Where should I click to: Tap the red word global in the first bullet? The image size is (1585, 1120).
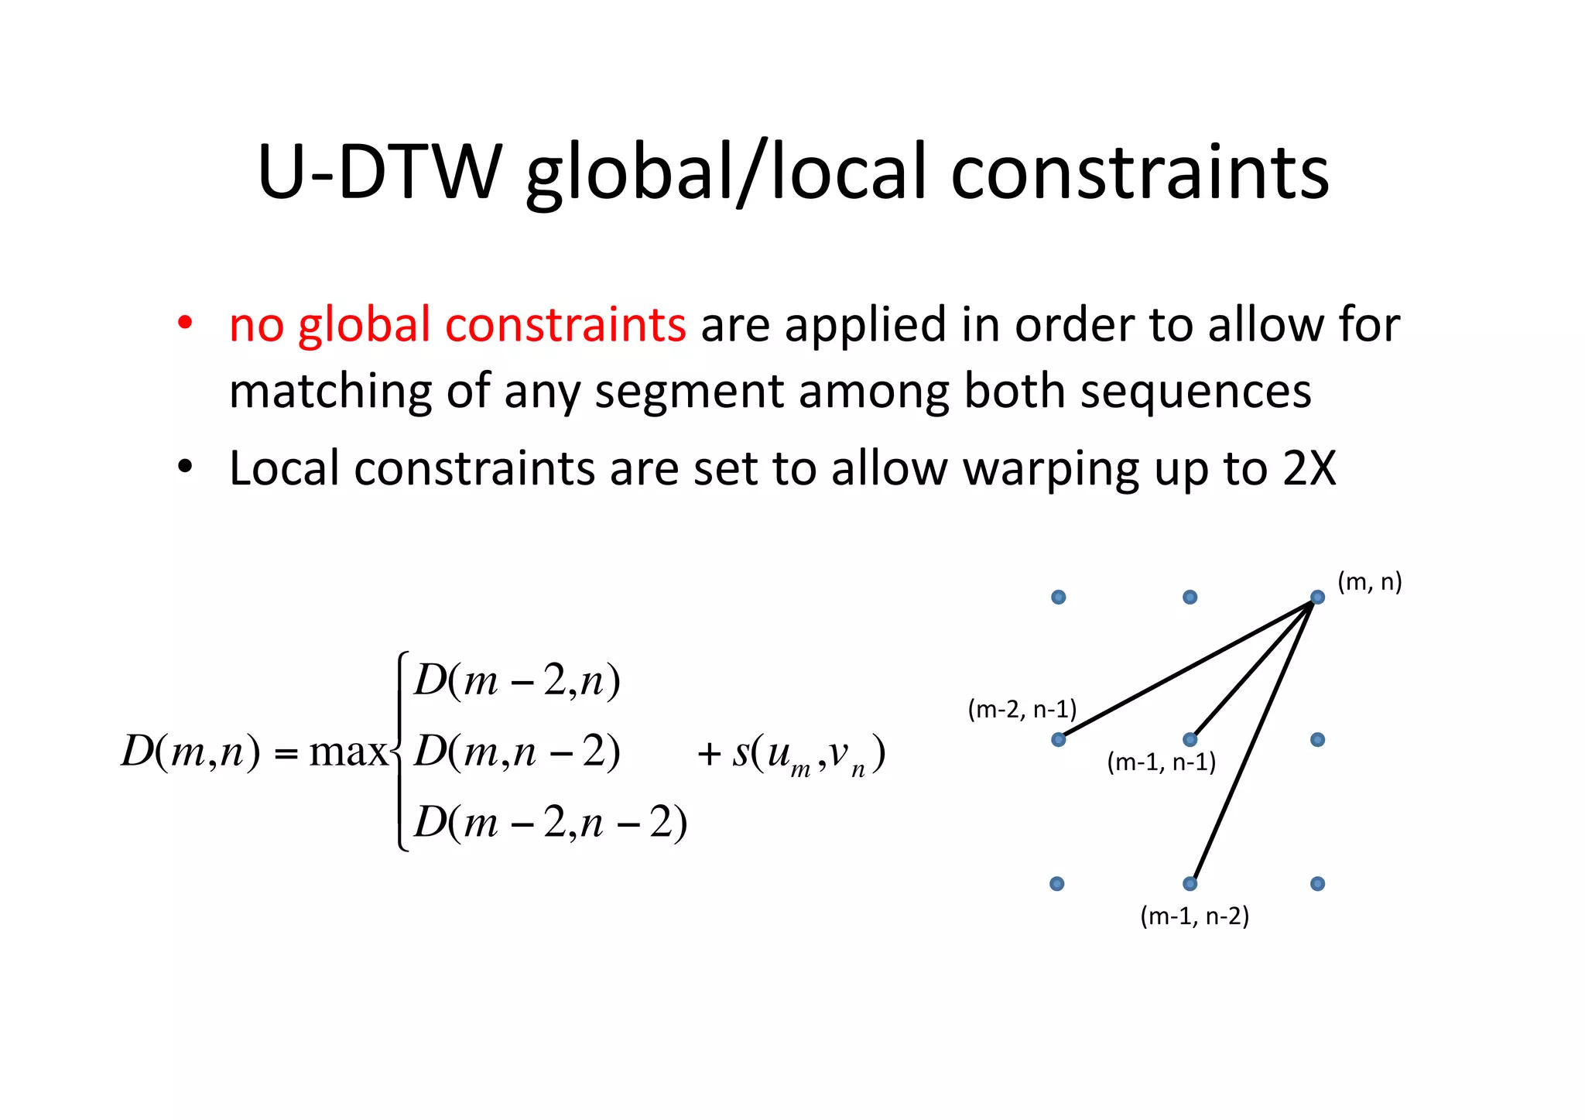pos(364,325)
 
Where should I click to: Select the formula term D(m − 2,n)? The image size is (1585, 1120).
pos(517,681)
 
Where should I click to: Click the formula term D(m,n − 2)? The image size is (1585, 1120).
pos(517,751)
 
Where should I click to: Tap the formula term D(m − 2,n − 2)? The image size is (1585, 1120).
pos(550,821)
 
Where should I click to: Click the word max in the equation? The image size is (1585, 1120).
pos(347,752)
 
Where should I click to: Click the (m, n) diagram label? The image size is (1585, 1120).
pos(1369,581)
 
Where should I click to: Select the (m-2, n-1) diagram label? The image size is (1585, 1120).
pos(1022,709)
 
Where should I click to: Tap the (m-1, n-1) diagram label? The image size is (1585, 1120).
pos(1161,762)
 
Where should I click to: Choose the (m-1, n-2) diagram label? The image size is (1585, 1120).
pos(1194,916)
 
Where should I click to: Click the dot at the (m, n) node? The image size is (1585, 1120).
pos(1317,597)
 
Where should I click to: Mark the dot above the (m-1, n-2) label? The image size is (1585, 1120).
pos(1190,883)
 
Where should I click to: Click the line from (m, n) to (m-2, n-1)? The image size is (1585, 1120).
pos(1188,668)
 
